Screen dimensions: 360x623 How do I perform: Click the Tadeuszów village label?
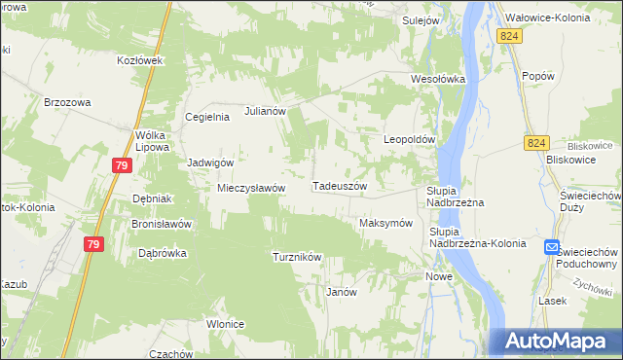[x=339, y=186]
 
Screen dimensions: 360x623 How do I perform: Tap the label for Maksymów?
[x=385, y=223]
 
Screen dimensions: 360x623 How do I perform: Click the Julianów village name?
[x=265, y=111]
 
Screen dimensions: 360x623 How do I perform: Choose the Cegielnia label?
[x=207, y=117]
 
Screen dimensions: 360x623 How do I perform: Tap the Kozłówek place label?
[x=138, y=59]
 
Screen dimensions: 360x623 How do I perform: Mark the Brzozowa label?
[x=67, y=101]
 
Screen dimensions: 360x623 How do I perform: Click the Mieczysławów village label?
[x=250, y=188]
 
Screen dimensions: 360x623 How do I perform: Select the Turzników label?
[x=297, y=257]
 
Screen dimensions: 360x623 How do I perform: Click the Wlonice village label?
[x=224, y=324]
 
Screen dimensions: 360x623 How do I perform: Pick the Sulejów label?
[x=423, y=18]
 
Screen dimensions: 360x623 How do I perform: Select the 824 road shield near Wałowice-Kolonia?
[x=508, y=35]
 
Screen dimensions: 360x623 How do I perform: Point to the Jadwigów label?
[x=210, y=162]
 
